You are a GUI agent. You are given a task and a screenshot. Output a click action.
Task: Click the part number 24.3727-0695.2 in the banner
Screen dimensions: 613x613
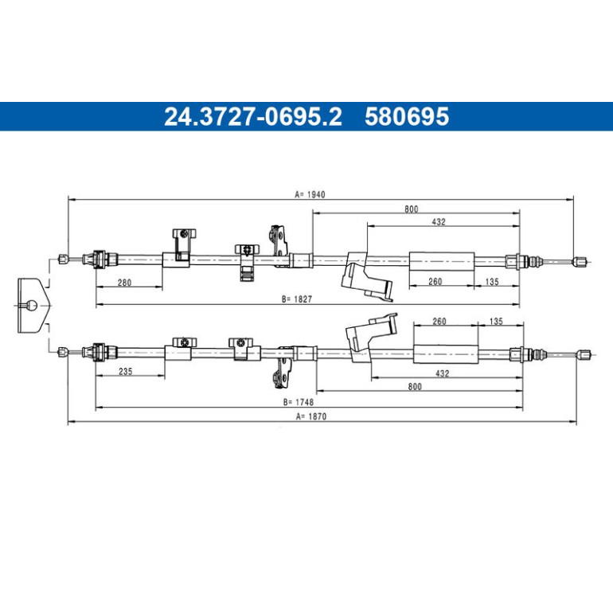coord(253,116)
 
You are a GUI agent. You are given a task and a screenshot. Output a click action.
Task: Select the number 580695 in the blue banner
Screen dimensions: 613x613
coord(407,116)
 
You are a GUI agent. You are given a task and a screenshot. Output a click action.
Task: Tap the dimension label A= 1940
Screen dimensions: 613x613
coord(310,194)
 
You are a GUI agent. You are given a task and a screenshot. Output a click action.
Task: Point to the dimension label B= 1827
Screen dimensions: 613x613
coord(297,299)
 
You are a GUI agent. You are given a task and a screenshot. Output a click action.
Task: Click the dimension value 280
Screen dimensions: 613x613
coord(124,283)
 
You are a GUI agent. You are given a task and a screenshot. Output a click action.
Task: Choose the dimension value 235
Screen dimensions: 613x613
coord(126,371)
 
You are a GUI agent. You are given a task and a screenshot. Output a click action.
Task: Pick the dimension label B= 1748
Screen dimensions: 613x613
coord(299,402)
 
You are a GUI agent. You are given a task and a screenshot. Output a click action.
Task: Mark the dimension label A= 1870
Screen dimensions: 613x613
coord(311,416)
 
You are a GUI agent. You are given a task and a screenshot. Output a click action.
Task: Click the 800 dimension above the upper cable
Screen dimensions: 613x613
coord(412,209)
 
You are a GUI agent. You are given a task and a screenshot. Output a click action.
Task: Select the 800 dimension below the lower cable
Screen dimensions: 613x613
coord(415,386)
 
